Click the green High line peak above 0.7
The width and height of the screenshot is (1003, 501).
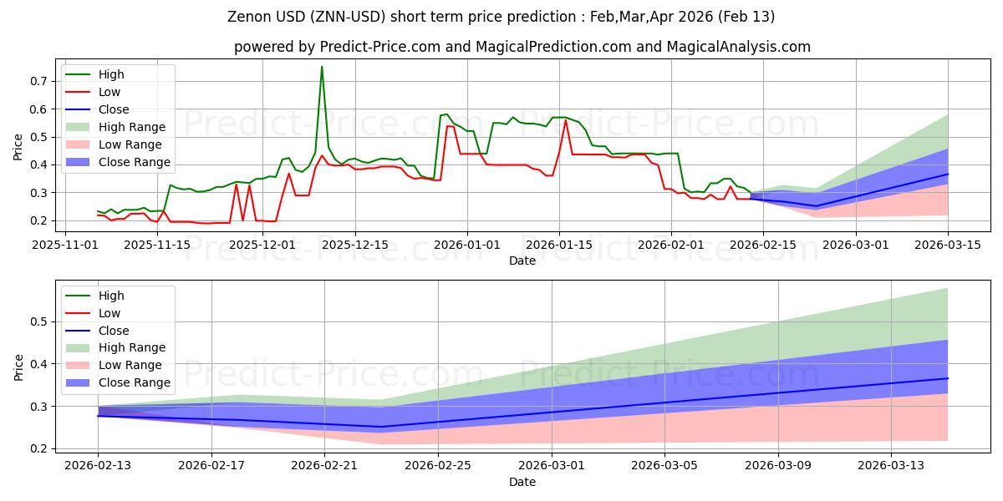coord(322,68)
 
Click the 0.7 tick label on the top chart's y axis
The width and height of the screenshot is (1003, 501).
coord(38,81)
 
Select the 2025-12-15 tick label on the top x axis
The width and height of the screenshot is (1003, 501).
coord(355,245)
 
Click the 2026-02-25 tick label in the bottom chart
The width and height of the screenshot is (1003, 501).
coord(438,466)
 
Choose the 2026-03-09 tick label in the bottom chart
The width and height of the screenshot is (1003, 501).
coord(778,466)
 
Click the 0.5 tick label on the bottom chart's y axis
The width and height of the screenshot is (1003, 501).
coord(38,321)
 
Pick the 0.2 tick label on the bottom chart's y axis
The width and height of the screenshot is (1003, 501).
coord(38,449)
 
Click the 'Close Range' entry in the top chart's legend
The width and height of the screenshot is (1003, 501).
coord(135,162)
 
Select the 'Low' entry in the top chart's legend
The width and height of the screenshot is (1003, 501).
coord(109,92)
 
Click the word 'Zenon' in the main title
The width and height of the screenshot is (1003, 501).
coord(250,17)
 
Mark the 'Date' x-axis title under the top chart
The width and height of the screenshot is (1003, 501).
coord(522,261)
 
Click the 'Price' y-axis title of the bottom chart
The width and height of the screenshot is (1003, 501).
coord(18,367)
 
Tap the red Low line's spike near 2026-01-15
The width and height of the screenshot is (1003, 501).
coord(565,120)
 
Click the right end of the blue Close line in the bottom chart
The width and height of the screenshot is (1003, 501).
coord(948,378)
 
